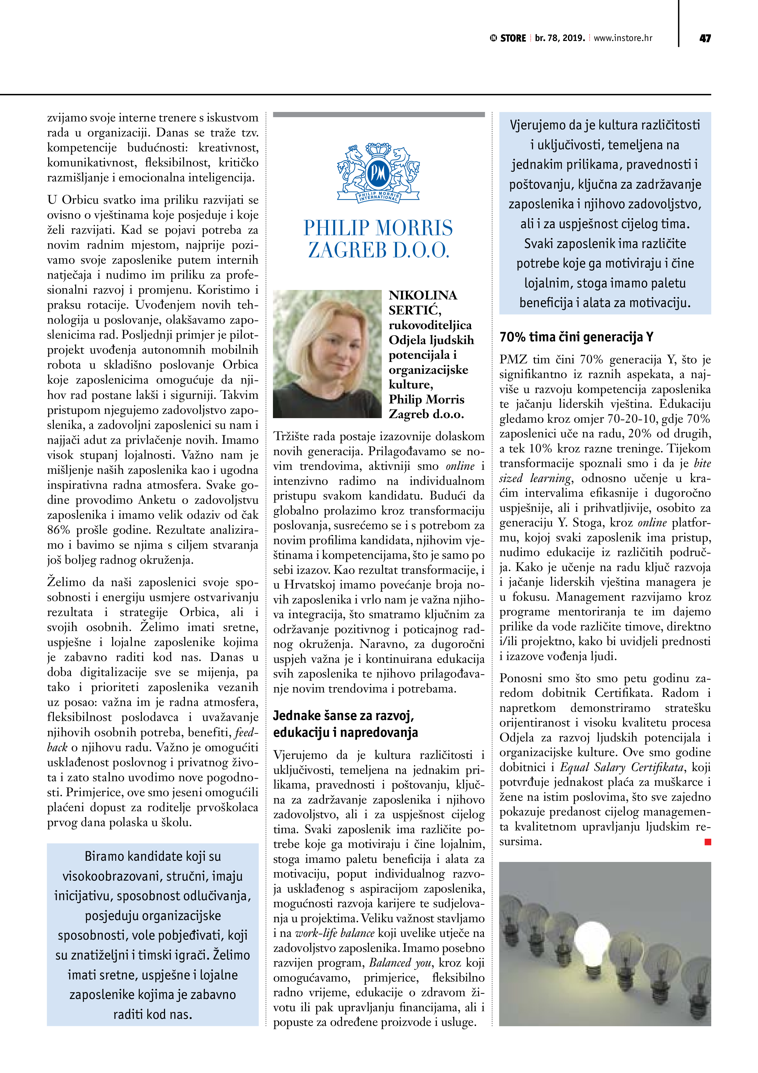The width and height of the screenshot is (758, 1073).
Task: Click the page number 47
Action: tap(705, 38)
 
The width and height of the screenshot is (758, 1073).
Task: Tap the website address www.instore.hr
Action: tap(623, 38)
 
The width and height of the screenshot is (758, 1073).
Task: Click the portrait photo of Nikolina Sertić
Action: tap(327, 354)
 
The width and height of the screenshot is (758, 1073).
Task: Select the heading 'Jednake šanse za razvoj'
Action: tap(343, 715)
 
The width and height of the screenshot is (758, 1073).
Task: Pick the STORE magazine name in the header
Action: tap(513, 38)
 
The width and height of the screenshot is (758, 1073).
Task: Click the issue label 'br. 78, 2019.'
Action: tap(560, 38)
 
